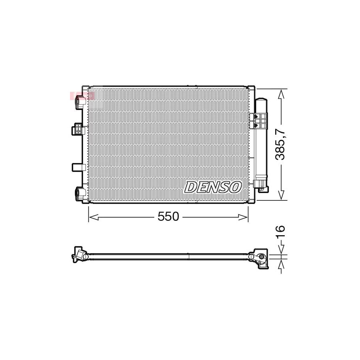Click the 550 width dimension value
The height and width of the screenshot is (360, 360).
(168, 217)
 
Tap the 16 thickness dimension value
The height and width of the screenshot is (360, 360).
(280, 232)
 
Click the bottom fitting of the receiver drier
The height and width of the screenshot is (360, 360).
(260, 185)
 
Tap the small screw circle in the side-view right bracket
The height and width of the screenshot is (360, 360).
(261, 257)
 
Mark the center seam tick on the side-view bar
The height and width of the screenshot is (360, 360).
(188, 254)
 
